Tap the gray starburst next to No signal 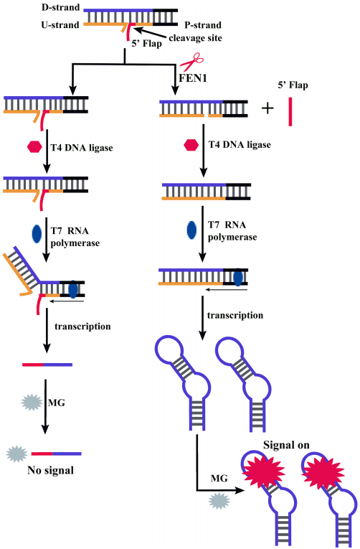[x=16, y=454]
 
